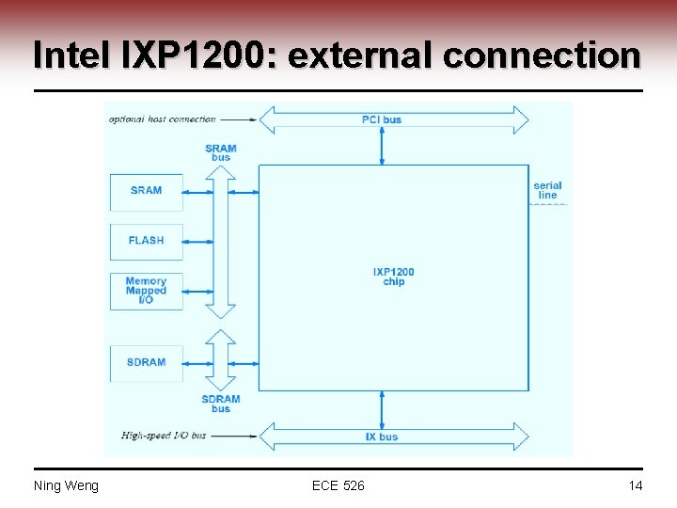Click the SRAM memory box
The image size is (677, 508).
point(146,191)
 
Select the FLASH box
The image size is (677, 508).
point(146,241)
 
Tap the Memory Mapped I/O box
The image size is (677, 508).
point(146,291)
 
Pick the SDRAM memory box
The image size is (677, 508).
point(146,362)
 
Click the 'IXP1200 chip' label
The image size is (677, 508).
point(393,277)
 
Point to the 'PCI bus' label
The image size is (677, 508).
point(382,119)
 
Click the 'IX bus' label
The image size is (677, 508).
point(382,437)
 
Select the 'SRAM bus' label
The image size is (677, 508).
point(220,152)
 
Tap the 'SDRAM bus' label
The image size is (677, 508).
point(220,404)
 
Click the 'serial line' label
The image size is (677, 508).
point(547,190)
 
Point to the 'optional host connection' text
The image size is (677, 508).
point(162,119)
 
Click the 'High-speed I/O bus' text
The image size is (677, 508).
point(164,437)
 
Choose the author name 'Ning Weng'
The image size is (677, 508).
point(66,485)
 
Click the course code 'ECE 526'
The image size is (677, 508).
point(338,485)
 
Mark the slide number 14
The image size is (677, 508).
point(636,485)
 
